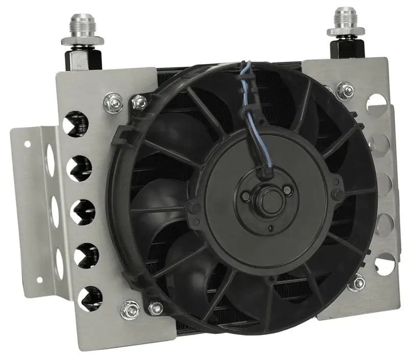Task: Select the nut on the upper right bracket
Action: coord(345,91)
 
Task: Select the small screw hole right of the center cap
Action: coord(289,190)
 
